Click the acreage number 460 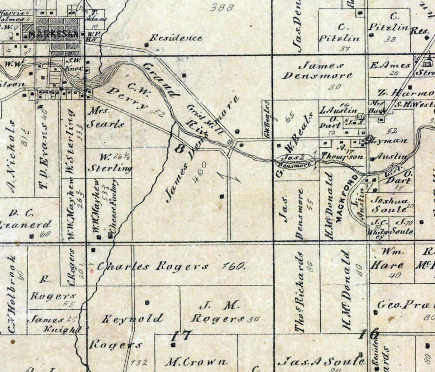(x=200, y=172)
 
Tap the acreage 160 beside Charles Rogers (x=234, y=266)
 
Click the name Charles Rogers (x=153, y=266)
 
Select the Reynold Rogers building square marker (x=147, y=303)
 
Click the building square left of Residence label (x=146, y=45)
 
